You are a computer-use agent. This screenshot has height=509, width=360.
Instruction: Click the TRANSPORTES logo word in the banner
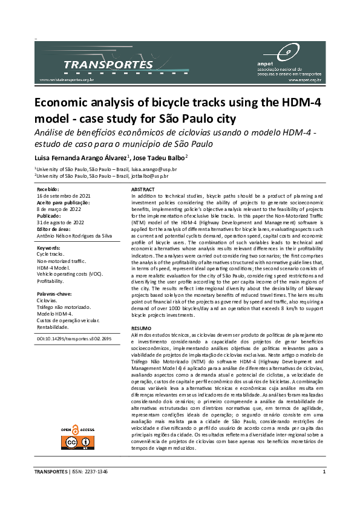[108, 64]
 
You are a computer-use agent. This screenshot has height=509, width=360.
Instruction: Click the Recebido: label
[48, 190]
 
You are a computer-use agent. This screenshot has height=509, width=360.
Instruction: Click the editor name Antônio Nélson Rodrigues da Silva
[79, 236]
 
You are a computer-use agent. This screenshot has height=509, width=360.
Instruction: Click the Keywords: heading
[48, 248]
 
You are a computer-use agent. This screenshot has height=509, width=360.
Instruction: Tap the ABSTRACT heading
[143, 190]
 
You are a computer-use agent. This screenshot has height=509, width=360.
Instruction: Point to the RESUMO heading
[142, 328]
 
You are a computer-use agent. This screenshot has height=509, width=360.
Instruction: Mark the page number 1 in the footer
[324, 472]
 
